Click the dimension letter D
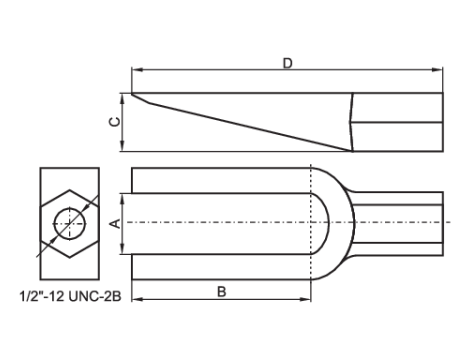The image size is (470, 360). tap(287, 63)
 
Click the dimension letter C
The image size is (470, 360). tap(115, 122)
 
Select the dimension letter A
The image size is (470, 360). tap(115, 223)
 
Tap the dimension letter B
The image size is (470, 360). tap(222, 292)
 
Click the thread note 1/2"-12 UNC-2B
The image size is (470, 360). tap(71, 296)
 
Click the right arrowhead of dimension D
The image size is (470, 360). tap(437, 70)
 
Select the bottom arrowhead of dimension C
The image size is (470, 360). tap(122, 146)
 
